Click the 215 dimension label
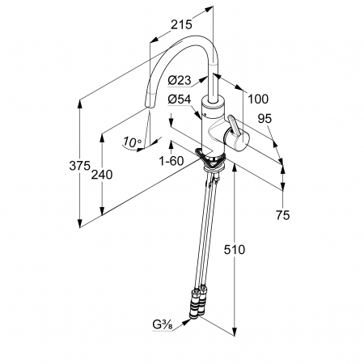(x=182, y=24)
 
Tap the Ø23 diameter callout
(x=180, y=80)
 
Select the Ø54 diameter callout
(x=180, y=99)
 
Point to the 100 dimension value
(x=258, y=99)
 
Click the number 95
(x=265, y=118)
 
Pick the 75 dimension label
(x=282, y=215)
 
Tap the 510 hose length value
(x=235, y=250)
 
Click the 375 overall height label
(x=79, y=166)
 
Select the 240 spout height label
(x=102, y=175)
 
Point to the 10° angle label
(x=132, y=142)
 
